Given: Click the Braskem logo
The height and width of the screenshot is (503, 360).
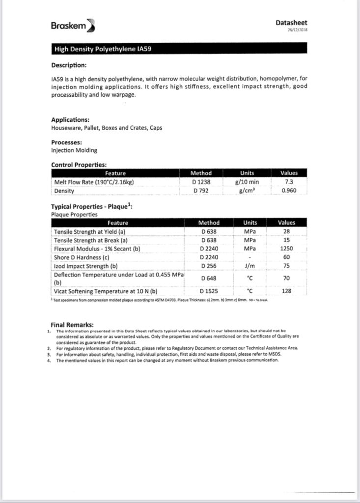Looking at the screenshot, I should (x=73, y=26).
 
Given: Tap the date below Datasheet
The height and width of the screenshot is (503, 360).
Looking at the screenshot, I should (x=298, y=29).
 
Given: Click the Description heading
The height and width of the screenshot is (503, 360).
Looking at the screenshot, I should (x=69, y=65).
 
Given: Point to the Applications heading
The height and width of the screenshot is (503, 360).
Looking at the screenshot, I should (x=70, y=120).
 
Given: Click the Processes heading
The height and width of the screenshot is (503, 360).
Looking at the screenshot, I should (x=66, y=142).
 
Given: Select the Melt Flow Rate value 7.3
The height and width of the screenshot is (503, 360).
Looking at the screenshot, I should (x=289, y=182).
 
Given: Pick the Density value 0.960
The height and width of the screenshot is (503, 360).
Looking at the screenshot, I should (x=289, y=191).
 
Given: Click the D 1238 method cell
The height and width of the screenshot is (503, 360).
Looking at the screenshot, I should (x=201, y=182).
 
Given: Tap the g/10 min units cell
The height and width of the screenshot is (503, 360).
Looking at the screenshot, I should (x=247, y=182).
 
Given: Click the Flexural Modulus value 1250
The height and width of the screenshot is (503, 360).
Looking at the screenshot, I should (x=286, y=249).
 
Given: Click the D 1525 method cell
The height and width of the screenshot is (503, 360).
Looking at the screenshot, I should (x=209, y=291).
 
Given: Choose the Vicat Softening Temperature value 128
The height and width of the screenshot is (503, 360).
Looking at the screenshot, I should (x=286, y=291).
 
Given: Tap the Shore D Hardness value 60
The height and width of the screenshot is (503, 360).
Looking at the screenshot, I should (x=286, y=257).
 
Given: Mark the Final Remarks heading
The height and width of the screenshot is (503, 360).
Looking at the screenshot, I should (x=72, y=325).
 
